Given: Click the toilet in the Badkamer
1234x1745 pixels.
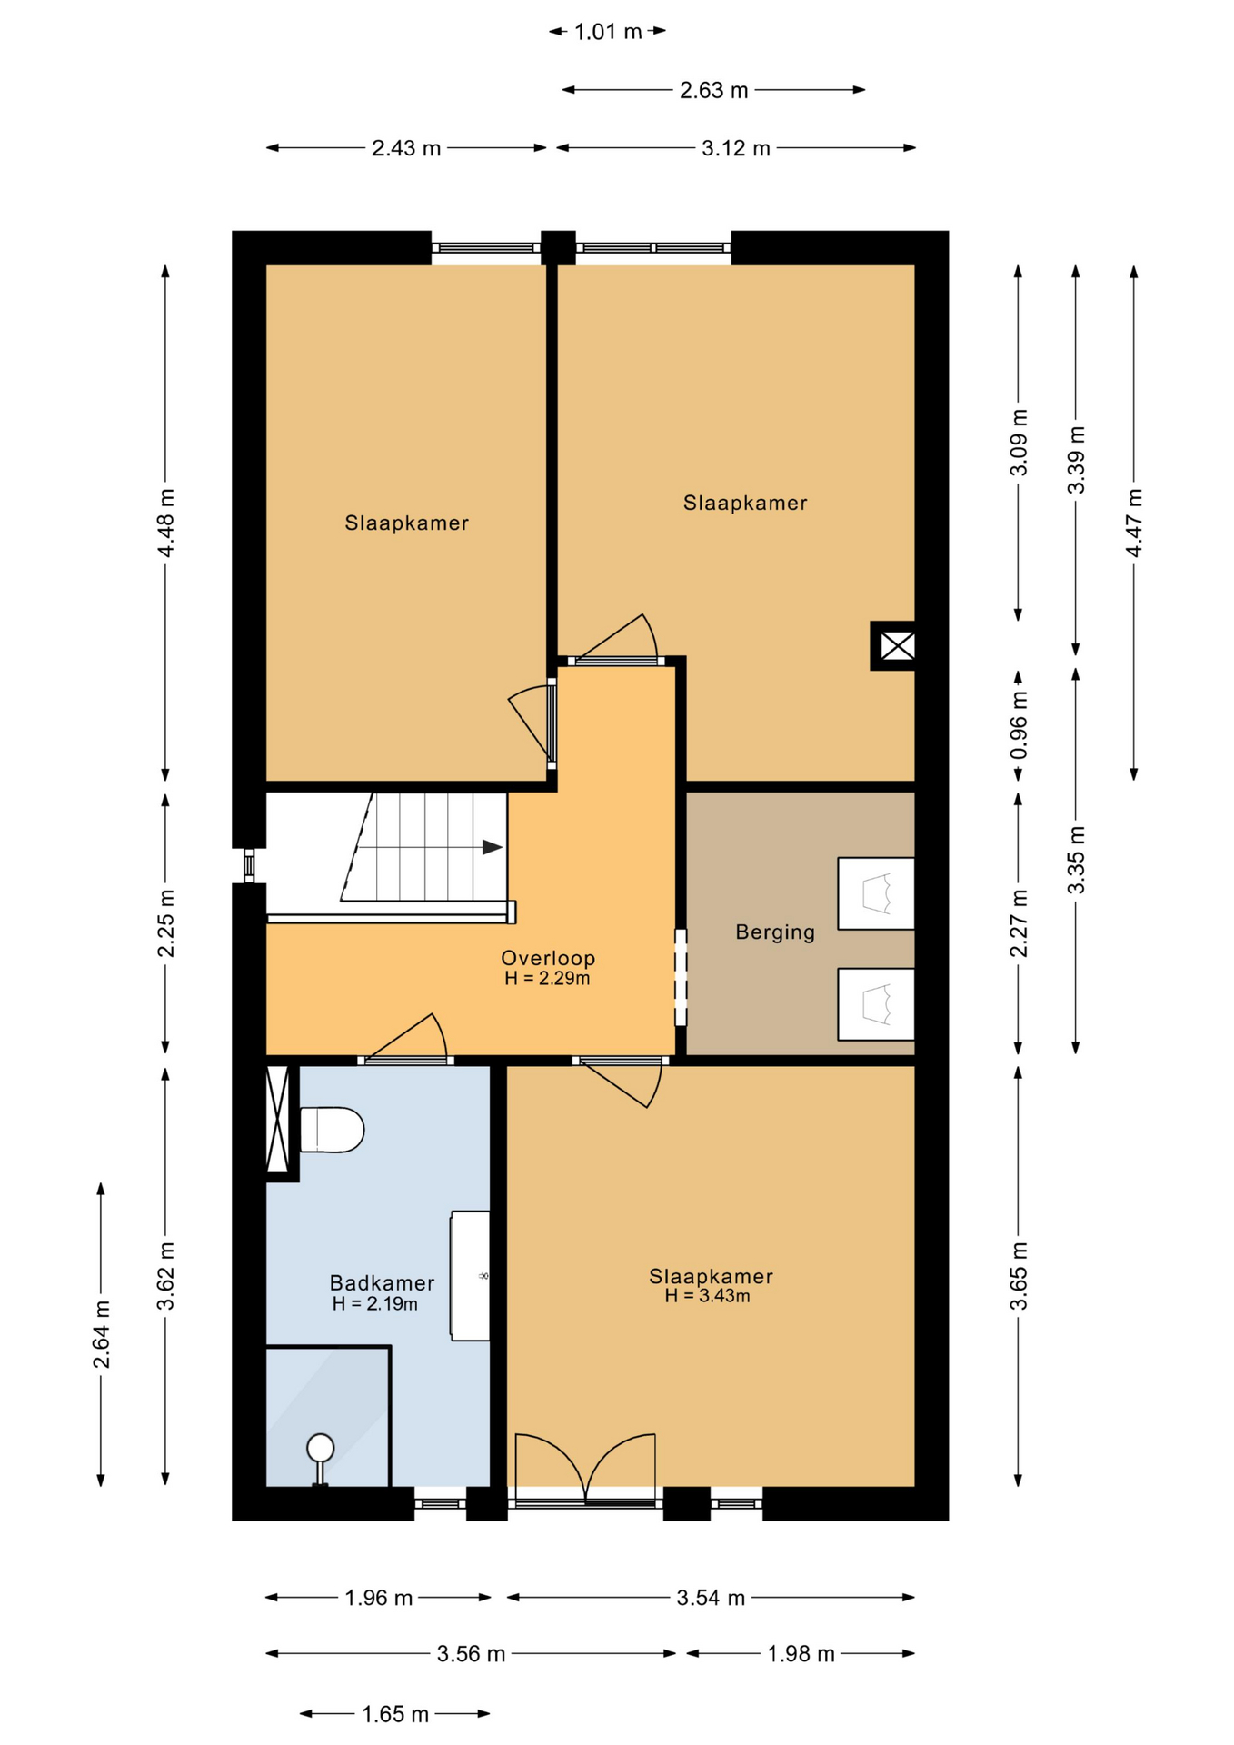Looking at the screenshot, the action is click(x=332, y=1130).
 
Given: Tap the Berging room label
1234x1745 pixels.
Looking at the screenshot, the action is click(x=775, y=932).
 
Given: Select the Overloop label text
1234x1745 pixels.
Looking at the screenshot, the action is click(x=548, y=957).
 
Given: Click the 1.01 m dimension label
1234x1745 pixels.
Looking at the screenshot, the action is click(x=608, y=32).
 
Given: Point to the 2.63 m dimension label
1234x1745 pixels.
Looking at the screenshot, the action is click(x=714, y=90).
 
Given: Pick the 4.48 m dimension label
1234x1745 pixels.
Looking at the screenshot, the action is click(x=165, y=523).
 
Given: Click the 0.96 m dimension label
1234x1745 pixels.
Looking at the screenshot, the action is click(x=1019, y=725).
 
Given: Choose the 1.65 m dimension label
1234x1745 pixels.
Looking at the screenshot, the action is click(x=395, y=1714).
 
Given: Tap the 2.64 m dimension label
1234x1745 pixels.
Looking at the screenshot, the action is click(x=101, y=1334).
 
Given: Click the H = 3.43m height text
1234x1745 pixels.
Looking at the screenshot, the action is click(x=707, y=1296).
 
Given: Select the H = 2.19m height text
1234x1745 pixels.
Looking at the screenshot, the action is click(x=375, y=1304).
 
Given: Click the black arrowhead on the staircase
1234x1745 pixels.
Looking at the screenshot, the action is click(x=493, y=847).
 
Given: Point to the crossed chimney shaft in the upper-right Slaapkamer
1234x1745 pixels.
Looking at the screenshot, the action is click(x=894, y=646).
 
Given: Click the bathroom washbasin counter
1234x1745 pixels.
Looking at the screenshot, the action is click(x=471, y=1275).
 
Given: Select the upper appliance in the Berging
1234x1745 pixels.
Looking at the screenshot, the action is click(x=876, y=893).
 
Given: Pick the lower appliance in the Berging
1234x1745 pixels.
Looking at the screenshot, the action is click(x=876, y=1004).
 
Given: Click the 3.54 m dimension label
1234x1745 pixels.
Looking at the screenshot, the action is click(x=711, y=1597).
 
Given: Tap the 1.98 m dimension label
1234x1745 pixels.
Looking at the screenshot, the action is click(x=801, y=1653).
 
